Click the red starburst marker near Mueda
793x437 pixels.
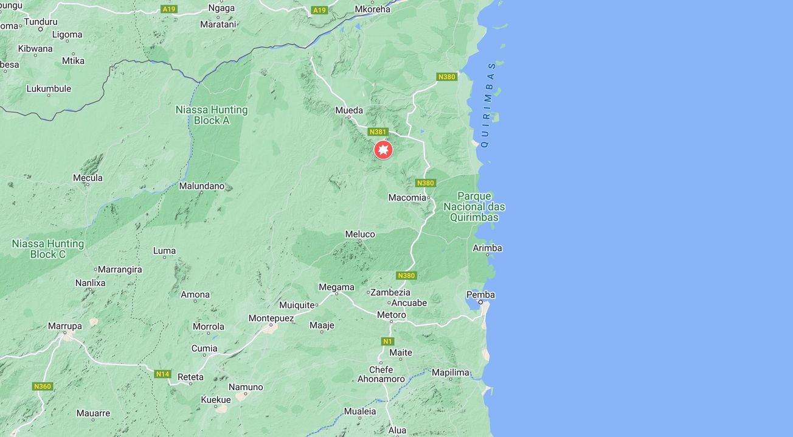[383, 150]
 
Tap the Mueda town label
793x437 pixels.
[349, 111]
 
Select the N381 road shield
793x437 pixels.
[378, 132]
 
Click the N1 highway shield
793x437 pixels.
[387, 341]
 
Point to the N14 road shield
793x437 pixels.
[162, 374]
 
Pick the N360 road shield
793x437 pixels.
[42, 386]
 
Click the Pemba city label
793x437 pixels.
[480, 295]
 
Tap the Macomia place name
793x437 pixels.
[407, 197]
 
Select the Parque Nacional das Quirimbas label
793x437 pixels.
[474, 207]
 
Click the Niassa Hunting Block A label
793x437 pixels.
[212, 115]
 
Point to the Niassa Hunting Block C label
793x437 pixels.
[48, 249]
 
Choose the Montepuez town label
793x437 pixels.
[271, 318]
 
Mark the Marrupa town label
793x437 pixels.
[65, 326]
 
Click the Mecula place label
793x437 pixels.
[88, 178]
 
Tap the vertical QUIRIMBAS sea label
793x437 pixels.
[488, 105]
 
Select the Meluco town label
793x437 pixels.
[360, 234]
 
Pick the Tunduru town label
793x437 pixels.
[41, 22]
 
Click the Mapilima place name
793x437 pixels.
[451, 372]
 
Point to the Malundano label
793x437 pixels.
[201, 186]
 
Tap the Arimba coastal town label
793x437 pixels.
[488, 248]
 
